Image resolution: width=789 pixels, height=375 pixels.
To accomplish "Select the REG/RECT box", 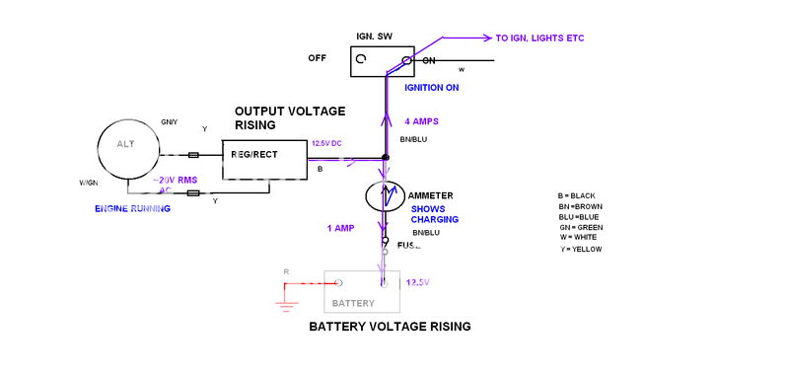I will pos(263,156).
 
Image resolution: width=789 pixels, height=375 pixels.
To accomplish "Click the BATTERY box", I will pos(362,291).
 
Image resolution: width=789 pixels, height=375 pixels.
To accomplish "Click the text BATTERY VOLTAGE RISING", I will pos(390,326).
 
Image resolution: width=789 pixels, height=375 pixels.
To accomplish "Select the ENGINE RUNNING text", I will pos(133,208).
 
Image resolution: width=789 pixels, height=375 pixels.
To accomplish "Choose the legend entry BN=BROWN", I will pos(582,206).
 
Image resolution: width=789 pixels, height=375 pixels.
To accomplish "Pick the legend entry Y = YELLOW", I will pos(580,249).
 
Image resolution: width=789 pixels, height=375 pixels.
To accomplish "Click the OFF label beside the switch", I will pos(318,58).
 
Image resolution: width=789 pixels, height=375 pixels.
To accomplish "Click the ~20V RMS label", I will pos(164,180).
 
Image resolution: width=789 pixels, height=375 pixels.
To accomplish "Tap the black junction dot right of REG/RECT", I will pos(386,157).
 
